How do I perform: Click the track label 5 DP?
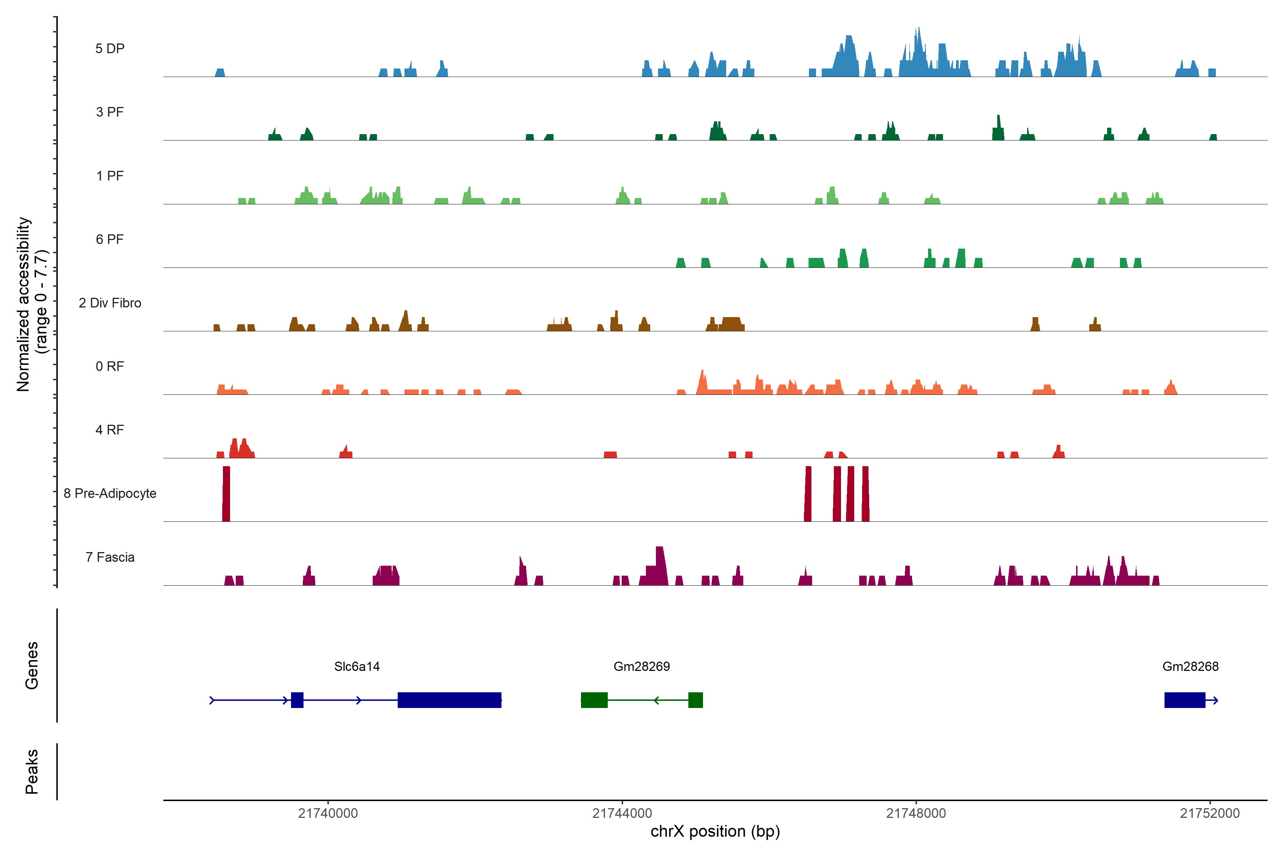(x=110, y=49)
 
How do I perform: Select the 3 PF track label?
(x=110, y=112)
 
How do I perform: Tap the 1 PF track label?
(x=110, y=176)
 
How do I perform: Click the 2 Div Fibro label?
(x=110, y=303)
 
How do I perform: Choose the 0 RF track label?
(x=110, y=366)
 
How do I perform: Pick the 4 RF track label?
(x=110, y=430)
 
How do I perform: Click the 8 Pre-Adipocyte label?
(x=110, y=494)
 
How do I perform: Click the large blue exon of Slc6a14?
(x=449, y=700)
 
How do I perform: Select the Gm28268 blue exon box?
(x=1184, y=700)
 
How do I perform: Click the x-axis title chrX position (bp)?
(x=715, y=831)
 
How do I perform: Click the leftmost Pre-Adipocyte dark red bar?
(x=226, y=494)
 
